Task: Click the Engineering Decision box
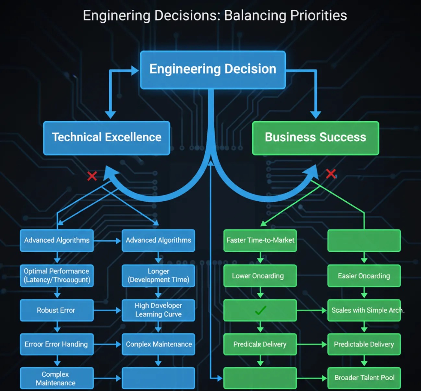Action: coord(213,69)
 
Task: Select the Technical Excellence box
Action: coord(106,138)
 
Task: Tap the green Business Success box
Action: coord(315,138)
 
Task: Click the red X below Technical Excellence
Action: coord(92,176)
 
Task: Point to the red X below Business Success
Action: coord(331,173)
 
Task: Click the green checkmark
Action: coord(260,310)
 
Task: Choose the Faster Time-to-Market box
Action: coord(260,240)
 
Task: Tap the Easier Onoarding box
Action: coord(364,276)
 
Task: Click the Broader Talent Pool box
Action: coord(364,378)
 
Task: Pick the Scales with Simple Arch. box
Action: coord(364,310)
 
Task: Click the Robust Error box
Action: coord(56,310)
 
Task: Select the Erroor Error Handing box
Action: coord(56,344)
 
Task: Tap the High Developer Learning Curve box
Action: coord(158,310)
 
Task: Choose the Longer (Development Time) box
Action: coord(158,275)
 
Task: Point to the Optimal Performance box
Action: coord(56,275)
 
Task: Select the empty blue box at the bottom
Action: coord(158,378)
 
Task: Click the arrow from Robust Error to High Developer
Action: coord(107,310)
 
